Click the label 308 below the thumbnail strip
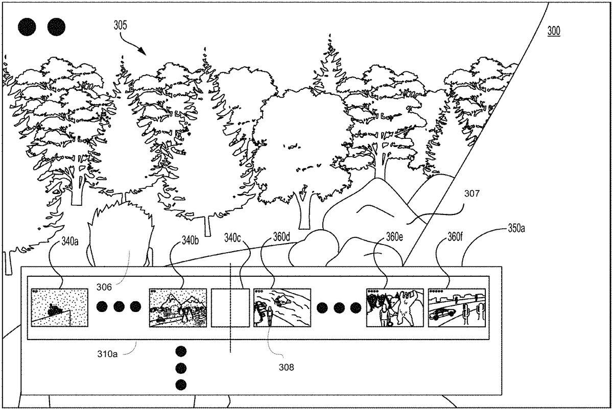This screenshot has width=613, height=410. click(287, 366)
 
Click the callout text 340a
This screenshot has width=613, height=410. click(70, 240)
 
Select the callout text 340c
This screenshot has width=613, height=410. click(233, 237)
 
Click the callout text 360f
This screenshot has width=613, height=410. click(448, 237)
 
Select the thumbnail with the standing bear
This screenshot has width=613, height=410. click(395, 307)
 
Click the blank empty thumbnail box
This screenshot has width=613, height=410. click(230, 307)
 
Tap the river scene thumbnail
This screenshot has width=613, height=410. click(282, 307)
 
